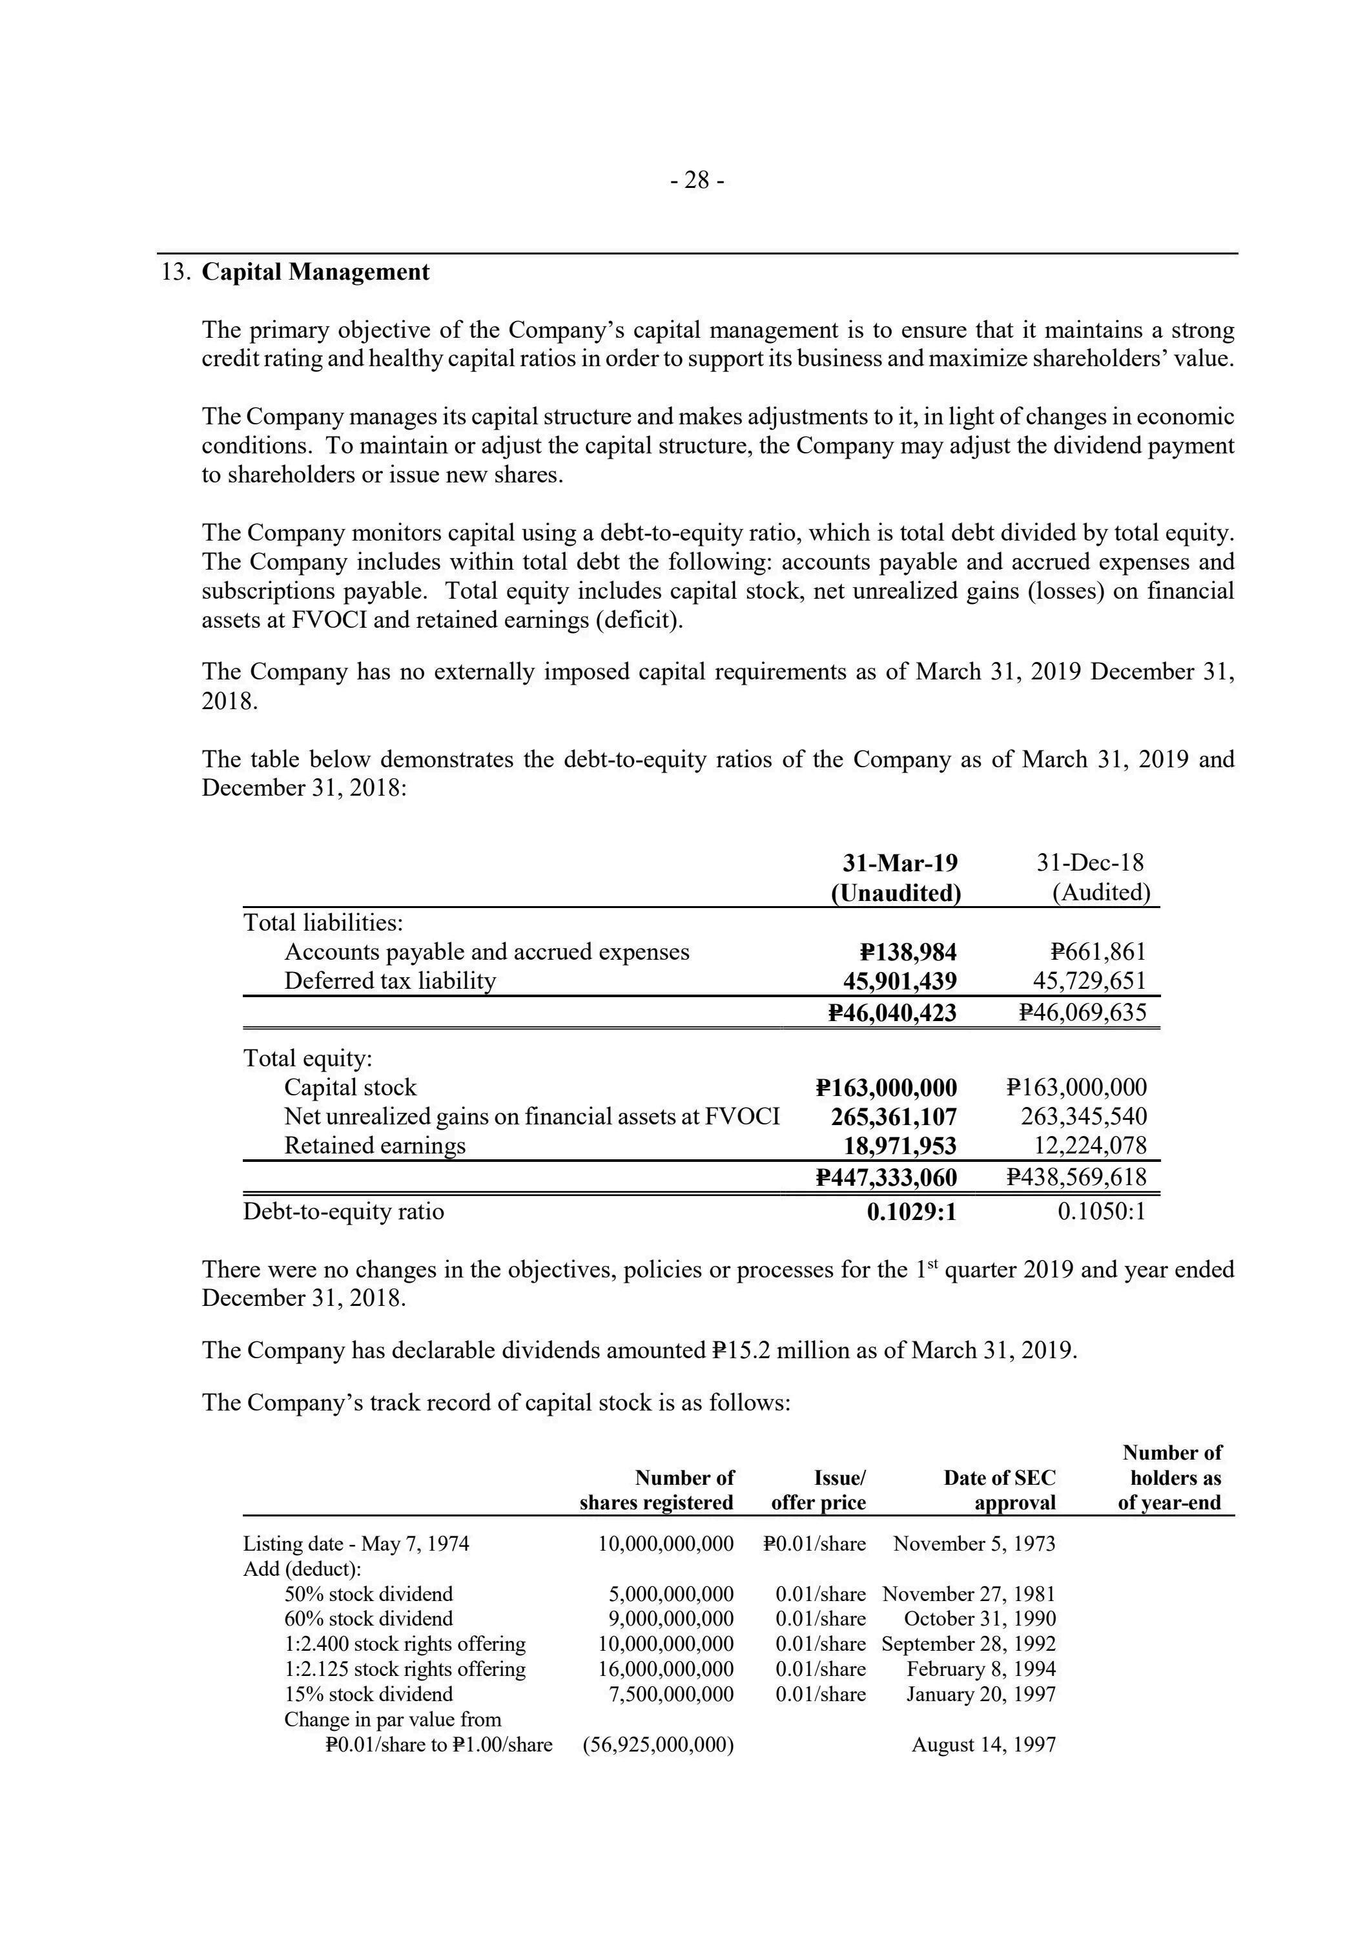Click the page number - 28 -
697,180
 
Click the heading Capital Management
316,272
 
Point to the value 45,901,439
900,981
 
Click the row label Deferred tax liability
390,981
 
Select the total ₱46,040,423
892,1012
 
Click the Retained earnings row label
375,1146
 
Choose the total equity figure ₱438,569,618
1076,1177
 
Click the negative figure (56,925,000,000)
658,1745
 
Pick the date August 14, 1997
983,1745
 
